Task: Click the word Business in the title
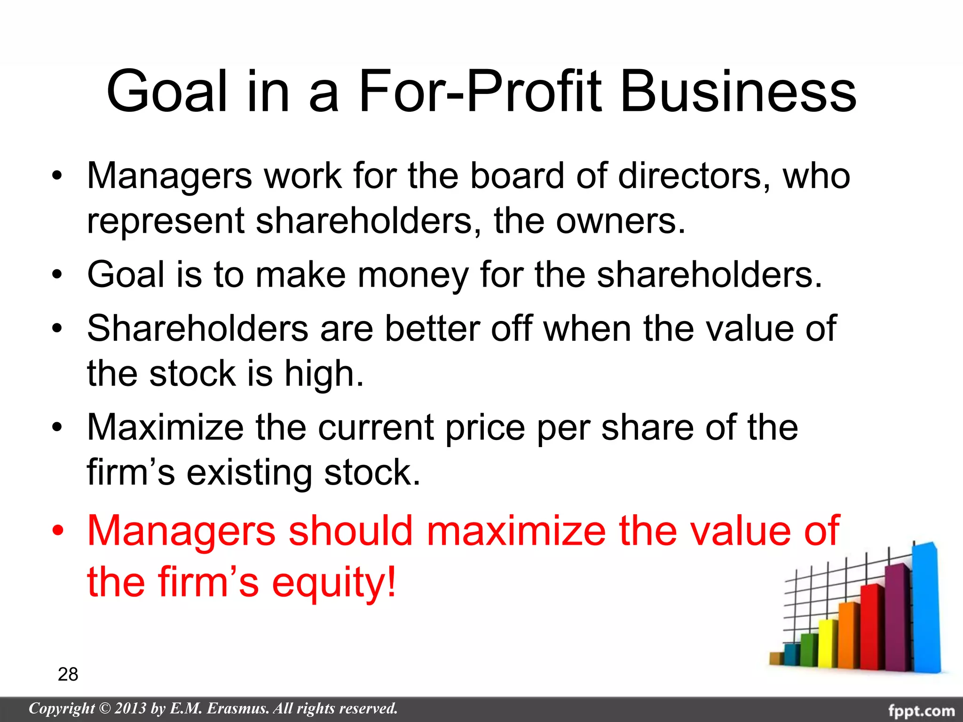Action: click(x=738, y=92)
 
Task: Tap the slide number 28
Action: click(x=68, y=674)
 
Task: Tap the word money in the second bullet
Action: click(x=413, y=275)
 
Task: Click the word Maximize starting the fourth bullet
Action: click(x=166, y=428)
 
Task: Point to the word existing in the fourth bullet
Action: click(x=249, y=472)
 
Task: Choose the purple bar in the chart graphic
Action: click(x=897, y=618)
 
